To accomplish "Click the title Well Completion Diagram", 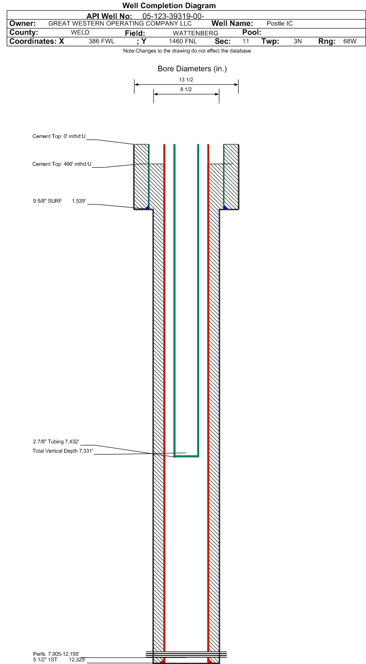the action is tap(169, 6).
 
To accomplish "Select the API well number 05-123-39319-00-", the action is tap(174, 16).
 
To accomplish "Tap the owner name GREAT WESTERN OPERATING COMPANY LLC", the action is tap(120, 24).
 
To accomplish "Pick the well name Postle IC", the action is tap(280, 24).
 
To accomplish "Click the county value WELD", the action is tap(80, 32).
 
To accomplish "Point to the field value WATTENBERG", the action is tap(196, 33).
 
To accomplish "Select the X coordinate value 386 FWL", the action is tap(101, 41).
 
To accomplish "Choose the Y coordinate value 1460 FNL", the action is tap(183, 41).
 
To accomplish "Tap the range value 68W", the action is tap(350, 41).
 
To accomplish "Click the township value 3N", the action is tap(298, 41).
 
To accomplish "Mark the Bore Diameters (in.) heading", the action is tap(192, 69).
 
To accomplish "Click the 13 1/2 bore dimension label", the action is tap(186, 80).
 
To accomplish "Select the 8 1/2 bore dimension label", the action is tap(186, 89).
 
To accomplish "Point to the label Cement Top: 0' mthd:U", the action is tap(59, 136).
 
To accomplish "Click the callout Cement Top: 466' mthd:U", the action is tap(62, 164).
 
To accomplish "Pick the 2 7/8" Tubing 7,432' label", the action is tap(56, 442).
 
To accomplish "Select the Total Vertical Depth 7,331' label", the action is tap(63, 451).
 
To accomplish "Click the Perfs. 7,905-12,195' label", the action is tap(56, 654).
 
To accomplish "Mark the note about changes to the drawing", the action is tap(187, 51).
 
